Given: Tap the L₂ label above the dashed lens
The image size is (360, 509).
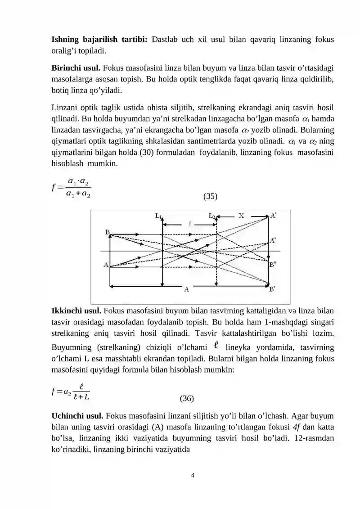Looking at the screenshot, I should (212, 216).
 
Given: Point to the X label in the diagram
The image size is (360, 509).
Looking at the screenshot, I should (241, 216).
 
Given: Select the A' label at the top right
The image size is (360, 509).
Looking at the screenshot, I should (273, 216).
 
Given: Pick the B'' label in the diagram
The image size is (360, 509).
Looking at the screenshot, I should (273, 265).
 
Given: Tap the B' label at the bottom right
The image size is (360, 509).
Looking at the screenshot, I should (273, 289).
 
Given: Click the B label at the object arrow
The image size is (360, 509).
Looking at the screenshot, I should (108, 232).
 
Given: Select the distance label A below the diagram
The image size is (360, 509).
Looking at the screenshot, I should (186, 290).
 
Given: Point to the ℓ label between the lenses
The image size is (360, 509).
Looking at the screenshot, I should (190, 223).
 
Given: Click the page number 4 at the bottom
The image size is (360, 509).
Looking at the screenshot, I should (193, 475).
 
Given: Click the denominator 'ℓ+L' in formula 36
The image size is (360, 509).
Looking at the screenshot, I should (81, 396).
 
